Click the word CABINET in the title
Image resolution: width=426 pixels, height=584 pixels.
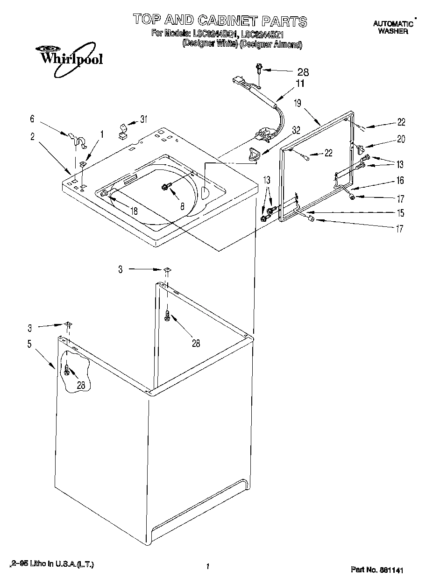(x=227, y=21)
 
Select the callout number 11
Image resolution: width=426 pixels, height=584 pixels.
(x=299, y=84)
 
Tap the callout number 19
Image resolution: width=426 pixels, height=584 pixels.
(x=298, y=103)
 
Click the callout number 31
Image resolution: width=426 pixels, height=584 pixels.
(x=143, y=119)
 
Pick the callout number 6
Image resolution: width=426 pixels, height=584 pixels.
(x=32, y=119)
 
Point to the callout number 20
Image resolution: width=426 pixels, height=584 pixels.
(x=401, y=139)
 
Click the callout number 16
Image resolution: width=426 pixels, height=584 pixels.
(x=400, y=181)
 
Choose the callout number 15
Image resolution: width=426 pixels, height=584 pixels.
(x=400, y=213)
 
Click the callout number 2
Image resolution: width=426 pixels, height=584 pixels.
(x=32, y=137)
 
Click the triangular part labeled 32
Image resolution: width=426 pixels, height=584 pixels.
(x=255, y=154)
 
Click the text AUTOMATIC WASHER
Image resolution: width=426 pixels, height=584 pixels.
(x=393, y=28)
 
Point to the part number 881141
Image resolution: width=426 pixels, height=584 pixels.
(x=377, y=570)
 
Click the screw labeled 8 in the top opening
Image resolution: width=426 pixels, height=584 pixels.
(x=165, y=187)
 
